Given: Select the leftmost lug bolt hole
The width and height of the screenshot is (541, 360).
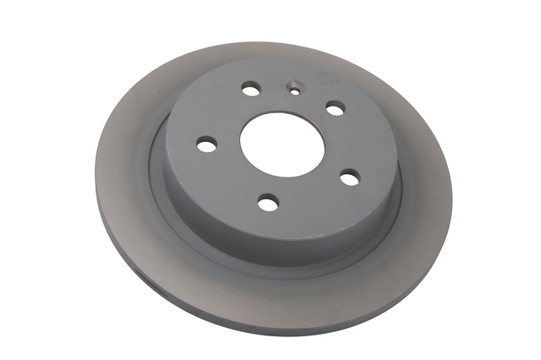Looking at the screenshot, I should pyautogui.click(x=207, y=145).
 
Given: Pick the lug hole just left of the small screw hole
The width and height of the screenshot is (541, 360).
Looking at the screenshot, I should pyautogui.click(x=251, y=88).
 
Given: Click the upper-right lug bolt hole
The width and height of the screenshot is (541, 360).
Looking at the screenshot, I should pyautogui.click(x=336, y=108).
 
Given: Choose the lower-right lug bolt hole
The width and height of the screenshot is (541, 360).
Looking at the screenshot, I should pyautogui.click(x=349, y=177).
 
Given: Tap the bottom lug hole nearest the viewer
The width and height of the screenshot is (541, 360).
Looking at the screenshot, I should pyautogui.click(x=268, y=202).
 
